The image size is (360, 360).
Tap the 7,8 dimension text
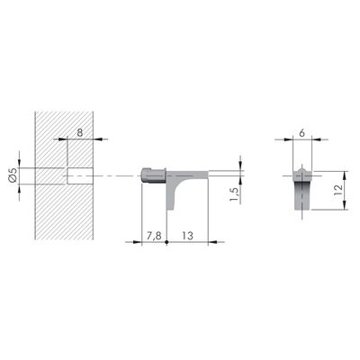click(x=154, y=235)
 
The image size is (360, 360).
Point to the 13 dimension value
click(x=186, y=235)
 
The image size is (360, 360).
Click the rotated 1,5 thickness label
click(x=233, y=192)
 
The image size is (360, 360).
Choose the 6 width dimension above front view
click(x=301, y=131)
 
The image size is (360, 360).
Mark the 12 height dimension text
click(x=337, y=190)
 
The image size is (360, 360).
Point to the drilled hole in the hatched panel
click(x=80, y=175)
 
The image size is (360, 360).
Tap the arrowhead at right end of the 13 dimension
click(x=206, y=242)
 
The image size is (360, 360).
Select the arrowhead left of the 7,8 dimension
click(x=146, y=242)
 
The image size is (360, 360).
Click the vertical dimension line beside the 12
click(x=345, y=190)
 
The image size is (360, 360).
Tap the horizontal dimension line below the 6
click(x=301, y=139)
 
